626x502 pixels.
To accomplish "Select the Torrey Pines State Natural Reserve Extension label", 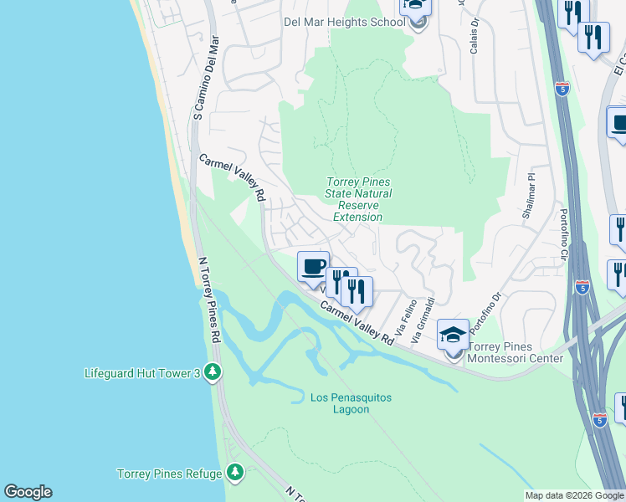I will pos(358,200).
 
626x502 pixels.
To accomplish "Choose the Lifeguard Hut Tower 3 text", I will pos(142,373).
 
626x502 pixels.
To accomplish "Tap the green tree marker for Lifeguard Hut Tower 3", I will pos(213,372).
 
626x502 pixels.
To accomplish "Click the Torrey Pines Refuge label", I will pos(170,474).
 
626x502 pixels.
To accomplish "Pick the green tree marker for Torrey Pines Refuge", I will pos(236,474).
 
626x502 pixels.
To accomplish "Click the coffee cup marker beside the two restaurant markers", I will pos(313,267).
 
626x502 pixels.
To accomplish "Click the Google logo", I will pos(28,492).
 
